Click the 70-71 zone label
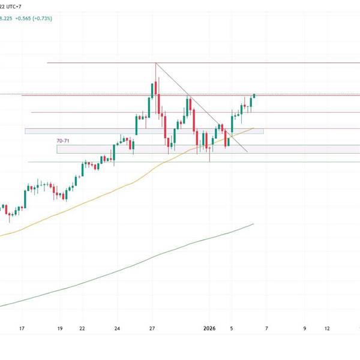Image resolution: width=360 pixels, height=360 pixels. tap(62, 140)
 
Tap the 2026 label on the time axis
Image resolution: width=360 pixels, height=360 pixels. tap(209, 329)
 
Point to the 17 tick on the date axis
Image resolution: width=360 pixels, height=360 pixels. tap(22, 329)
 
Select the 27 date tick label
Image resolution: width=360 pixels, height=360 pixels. tap(152, 329)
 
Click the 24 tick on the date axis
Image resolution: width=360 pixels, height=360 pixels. tap(118, 329)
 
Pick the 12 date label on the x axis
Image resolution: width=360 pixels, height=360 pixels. tap(327, 329)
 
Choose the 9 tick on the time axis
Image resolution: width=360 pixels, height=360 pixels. tap(305, 329)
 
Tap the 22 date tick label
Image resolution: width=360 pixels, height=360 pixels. tap(82, 329)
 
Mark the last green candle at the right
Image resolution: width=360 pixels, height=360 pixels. tap(254, 95)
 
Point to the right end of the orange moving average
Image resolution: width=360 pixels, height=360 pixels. tap(254, 128)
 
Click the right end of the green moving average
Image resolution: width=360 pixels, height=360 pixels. tap(254, 224)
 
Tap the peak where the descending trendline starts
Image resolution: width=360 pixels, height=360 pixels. tap(155, 63)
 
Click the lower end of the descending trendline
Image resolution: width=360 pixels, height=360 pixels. tap(247, 151)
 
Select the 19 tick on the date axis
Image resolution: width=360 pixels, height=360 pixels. tap(59, 329)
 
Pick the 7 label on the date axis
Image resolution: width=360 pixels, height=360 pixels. tap(266, 329)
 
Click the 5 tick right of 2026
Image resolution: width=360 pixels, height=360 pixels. tap(232, 329)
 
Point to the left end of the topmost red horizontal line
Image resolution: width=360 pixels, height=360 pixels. tap(47, 62)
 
